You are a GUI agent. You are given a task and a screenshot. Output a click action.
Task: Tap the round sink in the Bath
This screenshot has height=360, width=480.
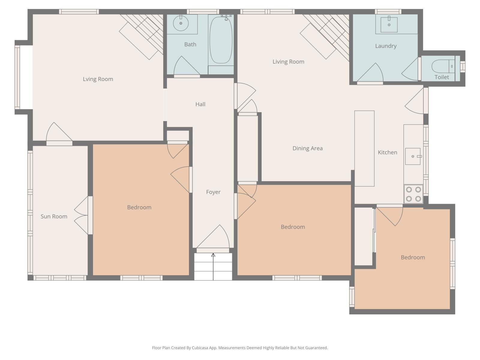point(181,23)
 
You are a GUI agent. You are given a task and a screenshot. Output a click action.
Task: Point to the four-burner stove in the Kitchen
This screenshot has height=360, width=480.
point(413,194)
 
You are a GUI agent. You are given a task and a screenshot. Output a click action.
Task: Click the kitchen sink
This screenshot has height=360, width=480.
point(413,156)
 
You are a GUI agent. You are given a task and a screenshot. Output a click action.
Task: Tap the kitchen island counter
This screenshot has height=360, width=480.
point(364,148)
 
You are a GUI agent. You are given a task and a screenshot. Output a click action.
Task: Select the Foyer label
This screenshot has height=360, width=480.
point(213,192)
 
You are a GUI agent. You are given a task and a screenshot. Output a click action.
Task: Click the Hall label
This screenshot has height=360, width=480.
point(200,104)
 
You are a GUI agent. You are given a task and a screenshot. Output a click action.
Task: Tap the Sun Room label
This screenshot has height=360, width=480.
point(54,216)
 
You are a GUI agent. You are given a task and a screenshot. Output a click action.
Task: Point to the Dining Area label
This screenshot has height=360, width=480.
point(307,148)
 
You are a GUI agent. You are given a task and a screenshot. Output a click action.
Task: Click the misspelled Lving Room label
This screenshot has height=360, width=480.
point(98,79)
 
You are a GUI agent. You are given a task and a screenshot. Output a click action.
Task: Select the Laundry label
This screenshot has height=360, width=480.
point(386,46)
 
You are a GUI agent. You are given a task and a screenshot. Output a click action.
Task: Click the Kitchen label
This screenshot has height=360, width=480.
point(387,152)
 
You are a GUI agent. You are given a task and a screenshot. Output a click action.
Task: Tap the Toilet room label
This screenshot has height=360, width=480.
point(442,77)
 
